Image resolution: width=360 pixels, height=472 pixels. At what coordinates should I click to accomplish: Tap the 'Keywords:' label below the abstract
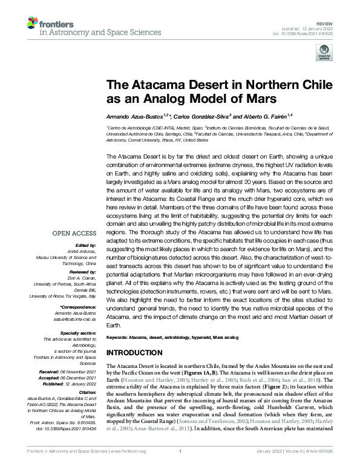coord(119,336)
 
